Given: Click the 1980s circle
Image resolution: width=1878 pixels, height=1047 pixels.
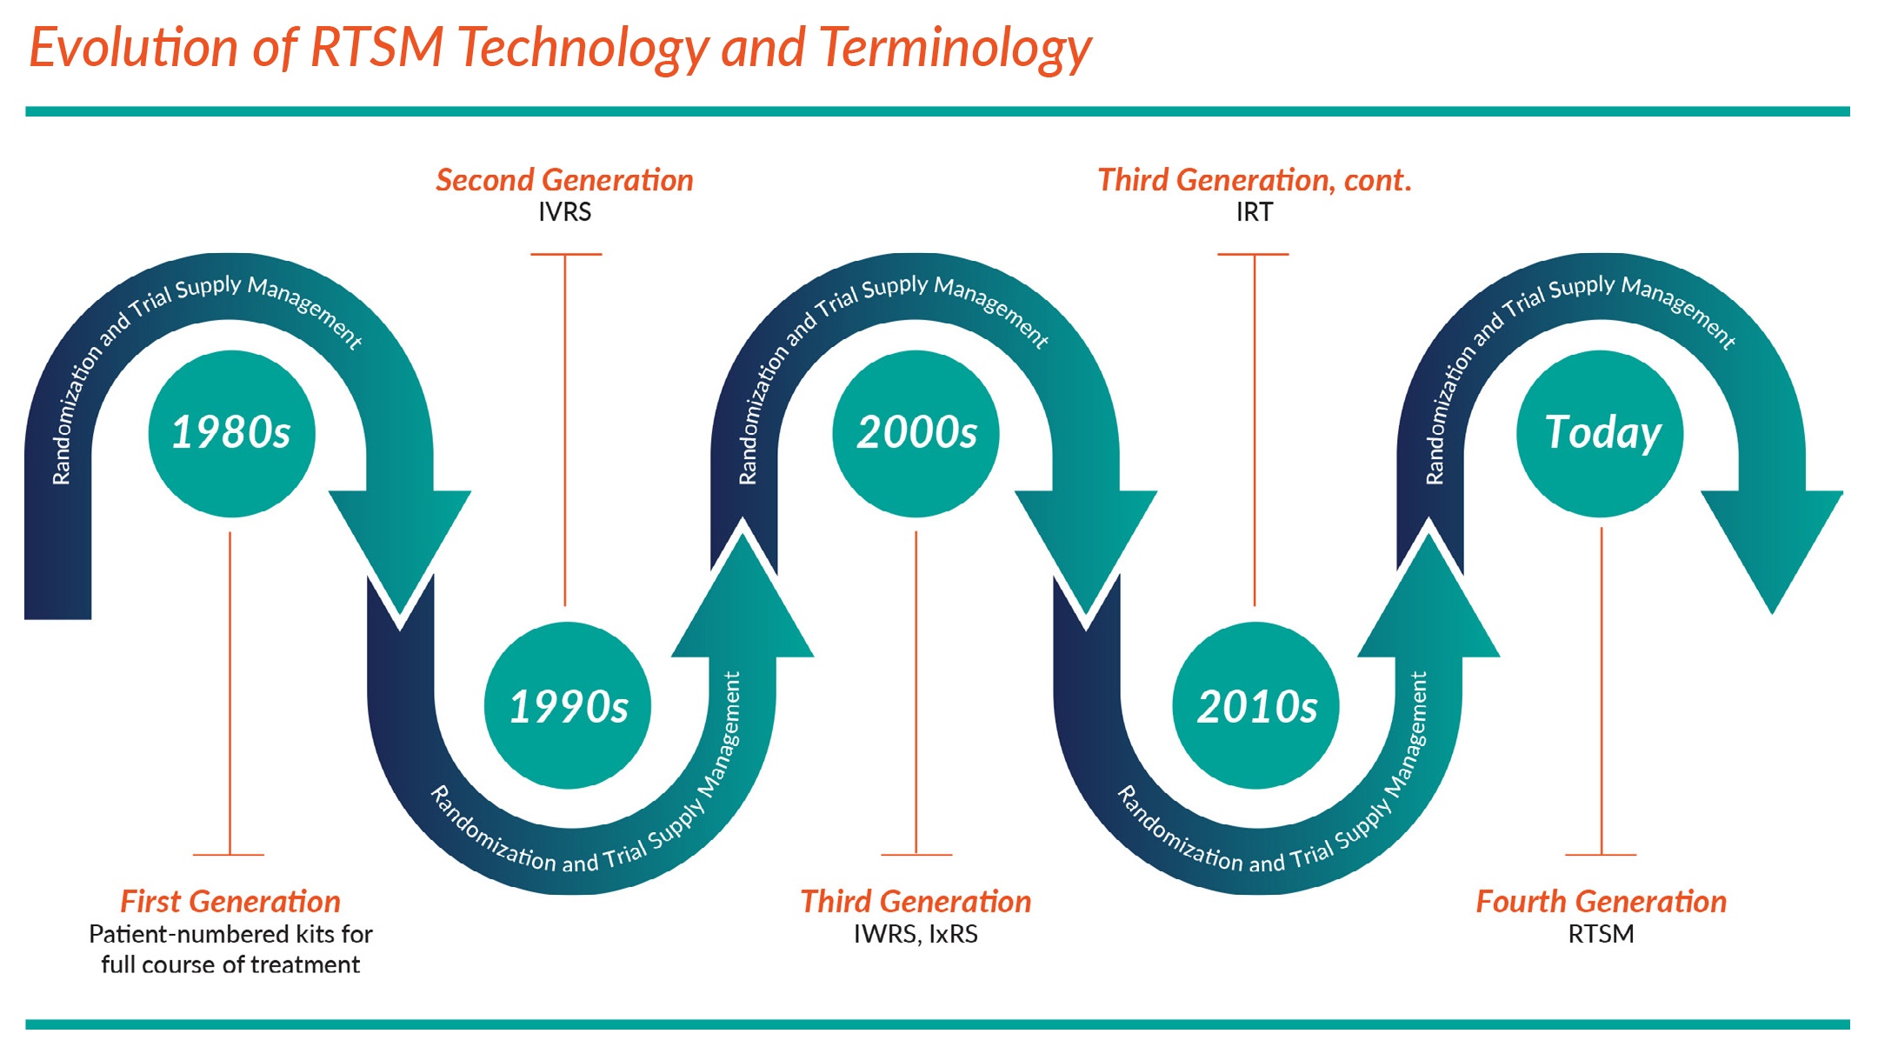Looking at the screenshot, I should pyautogui.click(x=231, y=433).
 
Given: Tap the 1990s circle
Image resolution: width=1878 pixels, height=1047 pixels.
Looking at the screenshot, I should pyautogui.click(x=568, y=705).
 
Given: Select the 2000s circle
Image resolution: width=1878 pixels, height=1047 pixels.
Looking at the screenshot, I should pyautogui.click(x=916, y=433).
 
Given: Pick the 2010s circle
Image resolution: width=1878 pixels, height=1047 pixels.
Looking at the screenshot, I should pyautogui.click(x=1255, y=705).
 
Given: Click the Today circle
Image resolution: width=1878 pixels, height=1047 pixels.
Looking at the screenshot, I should pyautogui.click(x=1600, y=433).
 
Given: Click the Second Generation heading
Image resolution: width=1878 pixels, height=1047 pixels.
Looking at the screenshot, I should pyautogui.click(x=564, y=180).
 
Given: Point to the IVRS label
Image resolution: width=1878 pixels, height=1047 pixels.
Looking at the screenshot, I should pyautogui.click(x=564, y=212).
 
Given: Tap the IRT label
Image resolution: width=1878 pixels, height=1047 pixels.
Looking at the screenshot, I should pyautogui.click(x=1254, y=212).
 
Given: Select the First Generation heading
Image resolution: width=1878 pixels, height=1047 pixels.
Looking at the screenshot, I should pyautogui.click(x=230, y=902).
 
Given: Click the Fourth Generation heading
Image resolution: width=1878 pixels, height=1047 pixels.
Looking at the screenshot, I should pyautogui.click(x=1601, y=902).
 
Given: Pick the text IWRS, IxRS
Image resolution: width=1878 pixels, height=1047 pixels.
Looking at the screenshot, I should pyautogui.click(x=916, y=934).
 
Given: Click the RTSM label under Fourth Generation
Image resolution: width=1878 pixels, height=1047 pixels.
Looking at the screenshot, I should pyautogui.click(x=1601, y=934).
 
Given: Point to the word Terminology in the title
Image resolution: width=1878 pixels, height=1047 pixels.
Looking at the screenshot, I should pyautogui.click(x=954, y=48).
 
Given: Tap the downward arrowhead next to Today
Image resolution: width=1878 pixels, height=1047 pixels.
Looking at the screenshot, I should pyautogui.click(x=1772, y=539).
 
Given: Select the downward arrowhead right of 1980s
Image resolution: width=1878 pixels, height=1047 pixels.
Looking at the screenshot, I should pyautogui.click(x=400, y=539).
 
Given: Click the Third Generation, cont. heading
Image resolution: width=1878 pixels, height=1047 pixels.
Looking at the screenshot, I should pyautogui.click(x=1254, y=180).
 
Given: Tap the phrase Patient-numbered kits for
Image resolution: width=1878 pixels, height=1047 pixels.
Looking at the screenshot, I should pyautogui.click(x=230, y=934).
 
